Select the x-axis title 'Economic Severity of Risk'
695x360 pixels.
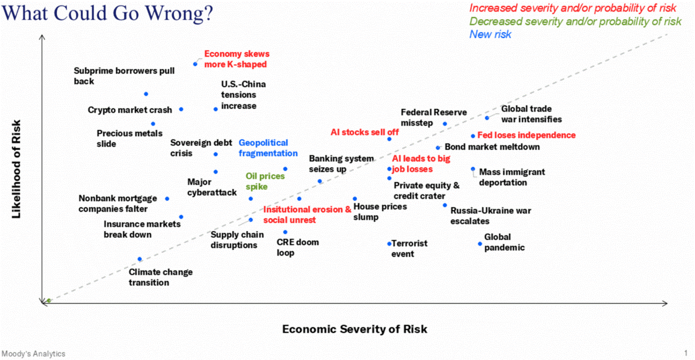coord(354,329)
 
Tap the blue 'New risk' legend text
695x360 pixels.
coord(490,35)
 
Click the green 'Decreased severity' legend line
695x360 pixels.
coord(575,21)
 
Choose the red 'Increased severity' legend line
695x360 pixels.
coord(575,8)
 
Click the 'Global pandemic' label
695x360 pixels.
coord(504,243)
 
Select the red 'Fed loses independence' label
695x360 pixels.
coord(526,135)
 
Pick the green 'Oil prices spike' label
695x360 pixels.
coord(265,182)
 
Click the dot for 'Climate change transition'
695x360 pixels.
coord(140,259)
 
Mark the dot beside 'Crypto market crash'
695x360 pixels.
coord(181,109)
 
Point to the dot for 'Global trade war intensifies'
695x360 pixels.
coord(487,118)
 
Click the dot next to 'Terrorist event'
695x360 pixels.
coord(389,244)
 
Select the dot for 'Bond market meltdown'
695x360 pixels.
coord(438,148)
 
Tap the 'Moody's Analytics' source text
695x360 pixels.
coord(34,354)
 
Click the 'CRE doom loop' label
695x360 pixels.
coord(297,248)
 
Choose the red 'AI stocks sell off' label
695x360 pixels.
coord(364,132)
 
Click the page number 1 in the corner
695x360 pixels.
coord(685,352)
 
